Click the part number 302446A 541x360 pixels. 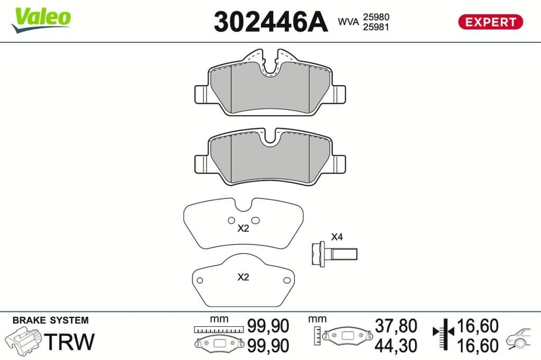[270, 22]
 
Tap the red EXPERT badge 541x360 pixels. [490, 22]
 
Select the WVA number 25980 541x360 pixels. [376, 17]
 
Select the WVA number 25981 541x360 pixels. [376, 27]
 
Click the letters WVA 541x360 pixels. [348, 22]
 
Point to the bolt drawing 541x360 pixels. [334, 254]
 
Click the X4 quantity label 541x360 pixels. [337, 237]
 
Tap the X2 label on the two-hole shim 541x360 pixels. [243, 228]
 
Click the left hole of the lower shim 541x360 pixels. [199, 280]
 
